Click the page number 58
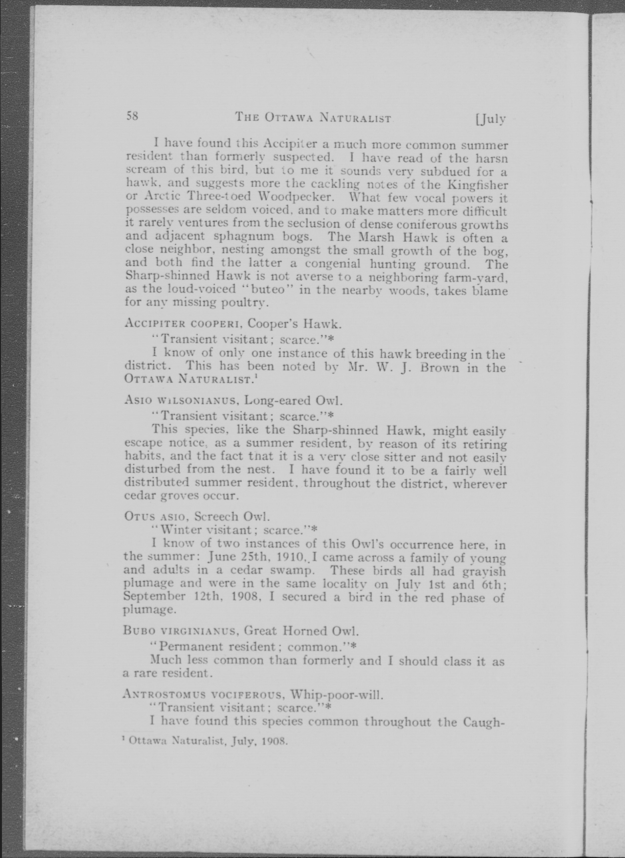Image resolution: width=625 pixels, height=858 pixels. tap(132, 116)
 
